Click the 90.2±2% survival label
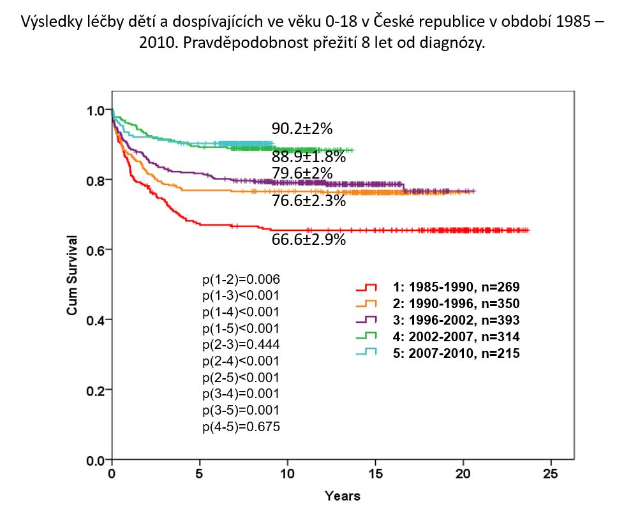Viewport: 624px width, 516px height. (302, 129)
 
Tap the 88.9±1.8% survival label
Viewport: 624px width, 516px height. (309, 156)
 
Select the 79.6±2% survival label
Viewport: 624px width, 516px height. (302, 173)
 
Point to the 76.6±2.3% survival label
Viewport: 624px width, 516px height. (309, 201)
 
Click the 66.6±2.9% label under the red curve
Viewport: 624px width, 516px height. (309, 240)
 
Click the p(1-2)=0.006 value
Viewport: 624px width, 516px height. (241, 279)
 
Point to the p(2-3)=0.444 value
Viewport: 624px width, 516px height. (241, 344)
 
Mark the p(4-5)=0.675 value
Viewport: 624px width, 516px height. (241, 426)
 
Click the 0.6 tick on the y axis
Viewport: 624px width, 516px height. (96, 249)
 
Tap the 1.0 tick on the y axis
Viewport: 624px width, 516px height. (96, 110)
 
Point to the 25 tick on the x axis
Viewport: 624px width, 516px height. (550, 474)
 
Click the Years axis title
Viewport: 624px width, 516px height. (342, 496)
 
